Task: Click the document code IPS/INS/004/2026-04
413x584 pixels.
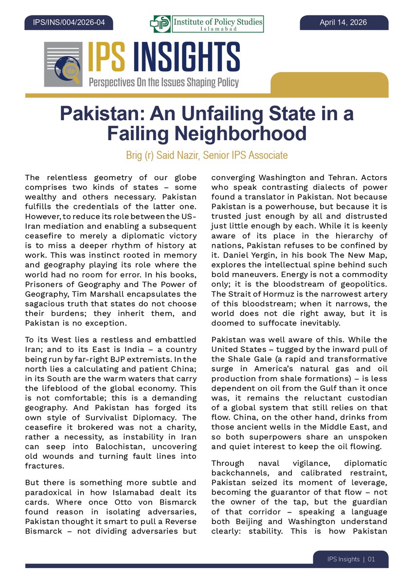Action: click(68, 22)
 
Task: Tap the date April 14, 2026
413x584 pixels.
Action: click(343, 22)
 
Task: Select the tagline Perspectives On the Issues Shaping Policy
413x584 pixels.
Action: click(163, 81)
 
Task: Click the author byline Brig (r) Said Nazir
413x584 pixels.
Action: click(165, 155)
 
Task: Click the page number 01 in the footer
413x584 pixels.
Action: click(371, 559)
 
